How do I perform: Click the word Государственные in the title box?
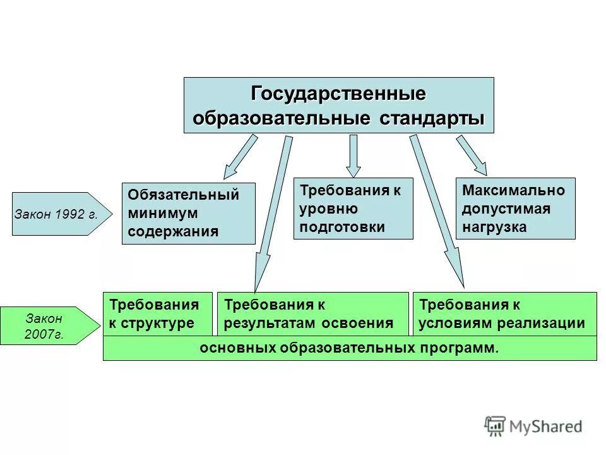[x=338, y=94]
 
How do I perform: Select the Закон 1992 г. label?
[x=56, y=214]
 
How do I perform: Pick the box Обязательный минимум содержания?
[x=188, y=213]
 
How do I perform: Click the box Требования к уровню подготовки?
[x=353, y=209]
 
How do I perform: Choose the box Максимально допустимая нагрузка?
[x=515, y=209]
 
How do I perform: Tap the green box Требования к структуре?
[x=157, y=313]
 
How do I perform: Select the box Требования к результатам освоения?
[x=312, y=313]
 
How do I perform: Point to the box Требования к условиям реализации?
[x=504, y=313]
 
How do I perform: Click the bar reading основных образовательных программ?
[x=349, y=348]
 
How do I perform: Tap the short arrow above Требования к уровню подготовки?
[x=353, y=155]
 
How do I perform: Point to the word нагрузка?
[x=494, y=227]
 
